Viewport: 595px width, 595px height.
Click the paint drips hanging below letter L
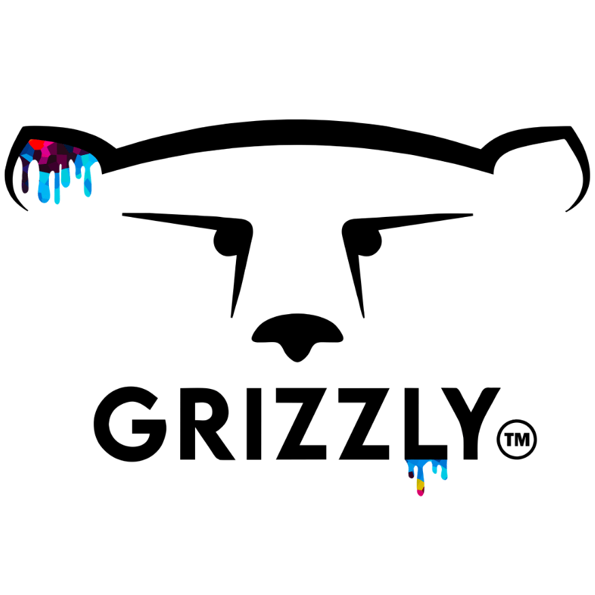(x=426, y=473)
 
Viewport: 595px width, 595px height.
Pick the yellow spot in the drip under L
(x=420, y=485)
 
